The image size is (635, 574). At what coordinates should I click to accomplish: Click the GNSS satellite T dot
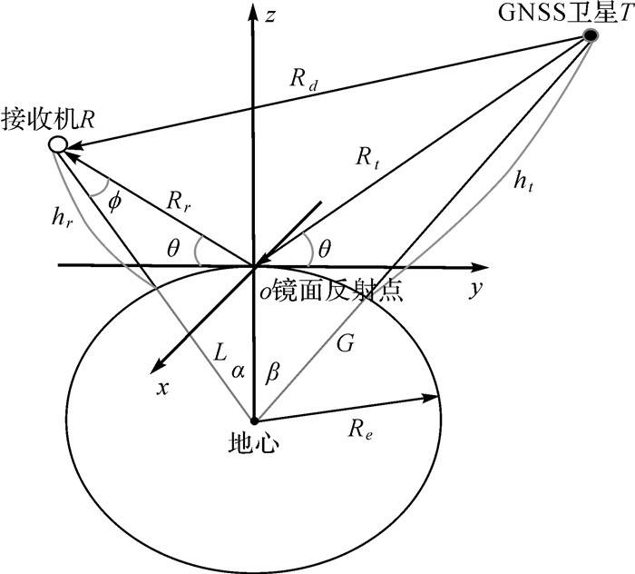click(591, 35)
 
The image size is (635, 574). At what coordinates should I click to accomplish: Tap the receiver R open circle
click(57, 144)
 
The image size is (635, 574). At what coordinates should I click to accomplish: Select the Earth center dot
click(254, 421)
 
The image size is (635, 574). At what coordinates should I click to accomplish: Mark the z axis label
click(271, 15)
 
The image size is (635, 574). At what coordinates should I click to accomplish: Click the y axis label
click(474, 290)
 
